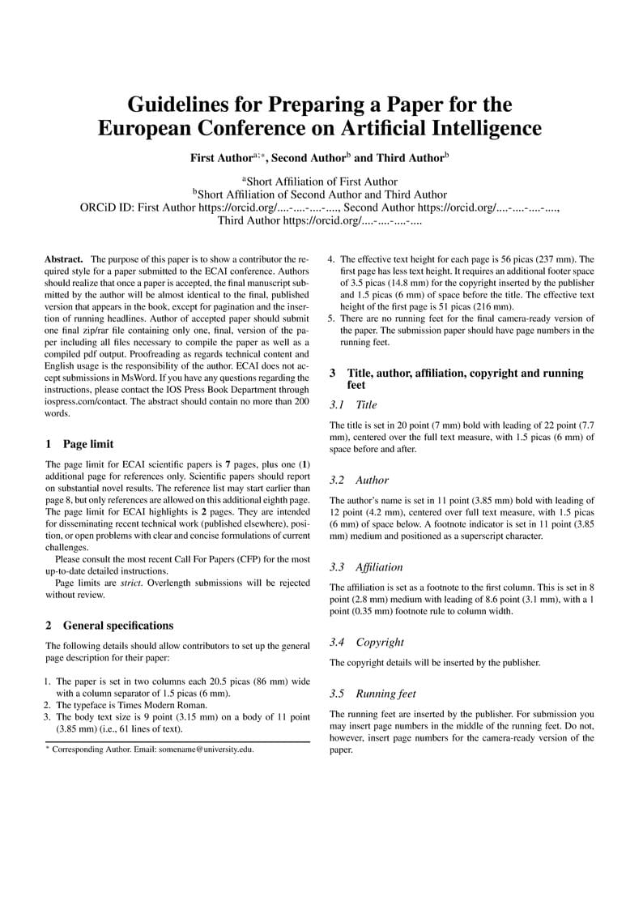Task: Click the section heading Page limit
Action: [88, 443]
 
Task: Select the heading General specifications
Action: [117, 625]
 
